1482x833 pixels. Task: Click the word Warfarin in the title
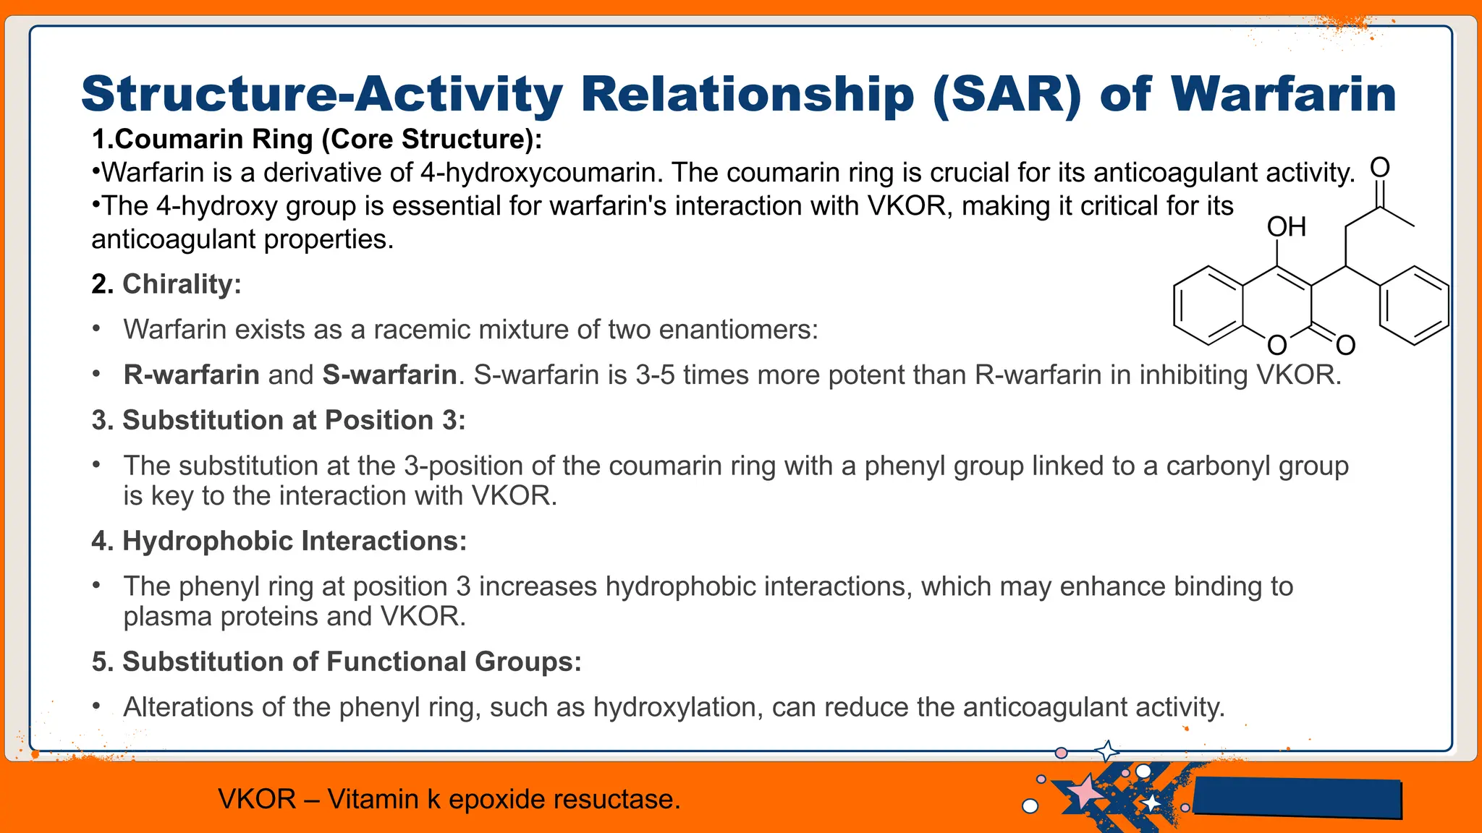[1282, 94]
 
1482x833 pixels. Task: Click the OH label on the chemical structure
[1286, 227]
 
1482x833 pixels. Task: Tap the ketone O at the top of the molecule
[1380, 168]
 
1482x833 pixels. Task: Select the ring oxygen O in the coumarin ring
[1277, 346]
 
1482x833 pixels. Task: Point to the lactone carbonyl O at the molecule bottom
[1345, 346]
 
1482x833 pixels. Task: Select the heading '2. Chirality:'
[166, 284]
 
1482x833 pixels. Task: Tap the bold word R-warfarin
[191, 375]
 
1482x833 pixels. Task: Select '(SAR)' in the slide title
[1007, 94]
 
